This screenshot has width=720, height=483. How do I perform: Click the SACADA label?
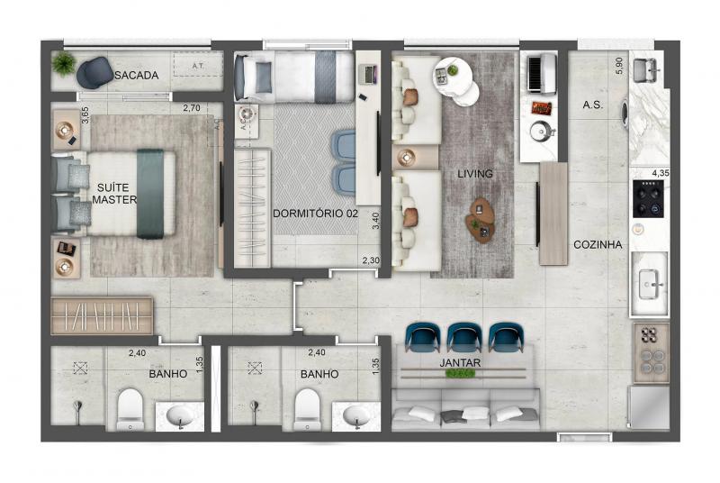[137, 75]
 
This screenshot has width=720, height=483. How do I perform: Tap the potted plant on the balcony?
[64, 63]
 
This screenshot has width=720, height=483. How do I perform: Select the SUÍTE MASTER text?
[114, 194]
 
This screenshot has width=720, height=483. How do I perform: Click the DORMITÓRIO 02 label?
[315, 214]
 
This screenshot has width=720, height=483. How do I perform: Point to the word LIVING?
[475, 174]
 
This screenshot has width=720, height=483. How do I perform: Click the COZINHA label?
[598, 244]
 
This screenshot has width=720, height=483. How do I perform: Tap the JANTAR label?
[460, 362]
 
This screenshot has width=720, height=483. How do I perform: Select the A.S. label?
[592, 105]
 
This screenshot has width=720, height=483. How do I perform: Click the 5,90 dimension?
[619, 66]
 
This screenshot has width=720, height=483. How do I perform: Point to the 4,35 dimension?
[661, 173]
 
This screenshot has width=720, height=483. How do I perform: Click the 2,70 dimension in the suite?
[192, 108]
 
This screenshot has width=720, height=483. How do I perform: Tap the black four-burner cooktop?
[648, 198]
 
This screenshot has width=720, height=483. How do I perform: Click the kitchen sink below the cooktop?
[650, 284]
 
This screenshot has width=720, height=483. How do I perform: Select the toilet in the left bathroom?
[130, 409]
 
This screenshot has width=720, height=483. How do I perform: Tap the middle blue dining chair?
[464, 338]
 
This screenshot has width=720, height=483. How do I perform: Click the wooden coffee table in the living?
[481, 220]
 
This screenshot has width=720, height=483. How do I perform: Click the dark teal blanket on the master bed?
[150, 194]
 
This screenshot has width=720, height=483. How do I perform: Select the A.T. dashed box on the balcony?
[198, 65]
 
